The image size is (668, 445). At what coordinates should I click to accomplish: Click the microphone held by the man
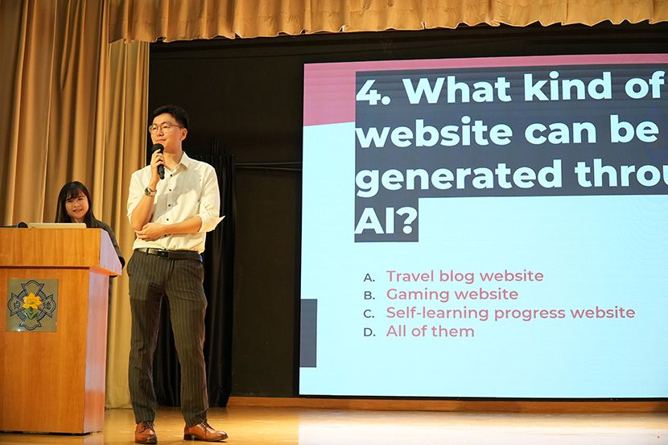pos(159,159)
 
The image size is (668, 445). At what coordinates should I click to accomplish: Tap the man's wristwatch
pos(150,192)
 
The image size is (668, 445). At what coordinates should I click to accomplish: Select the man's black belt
pos(168,253)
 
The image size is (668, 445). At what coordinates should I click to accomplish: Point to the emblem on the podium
pos(32,305)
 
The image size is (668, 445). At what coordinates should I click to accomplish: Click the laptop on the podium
pos(57,225)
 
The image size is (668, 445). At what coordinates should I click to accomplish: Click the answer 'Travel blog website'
pos(465,276)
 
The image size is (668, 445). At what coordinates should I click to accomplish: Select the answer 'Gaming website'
pos(452,295)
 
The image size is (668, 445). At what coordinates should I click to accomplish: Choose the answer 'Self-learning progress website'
pos(510,313)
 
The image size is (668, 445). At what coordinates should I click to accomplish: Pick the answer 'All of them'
pos(431,332)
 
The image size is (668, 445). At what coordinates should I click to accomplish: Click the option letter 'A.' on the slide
pos(369,278)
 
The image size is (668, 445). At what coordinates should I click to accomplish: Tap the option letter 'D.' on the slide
pos(369,332)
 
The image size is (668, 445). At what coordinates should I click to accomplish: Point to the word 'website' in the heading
pos(434,133)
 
